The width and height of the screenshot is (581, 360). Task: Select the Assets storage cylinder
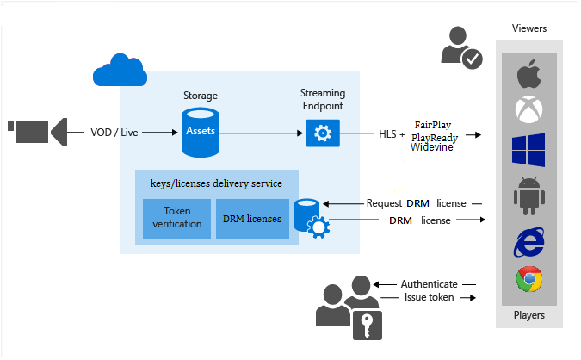point(201,132)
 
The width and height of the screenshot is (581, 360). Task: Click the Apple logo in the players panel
point(528,75)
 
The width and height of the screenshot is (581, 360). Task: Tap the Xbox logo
point(528,110)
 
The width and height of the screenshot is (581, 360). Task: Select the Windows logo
point(528,150)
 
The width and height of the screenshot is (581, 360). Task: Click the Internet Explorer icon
point(528,241)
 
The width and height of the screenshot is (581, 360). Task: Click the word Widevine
point(432,147)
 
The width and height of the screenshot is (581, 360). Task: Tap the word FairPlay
point(433,124)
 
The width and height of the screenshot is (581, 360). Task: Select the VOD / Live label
point(114,133)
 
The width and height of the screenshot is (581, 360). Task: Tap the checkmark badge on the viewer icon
point(472,59)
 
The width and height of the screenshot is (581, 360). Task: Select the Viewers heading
point(528,28)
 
